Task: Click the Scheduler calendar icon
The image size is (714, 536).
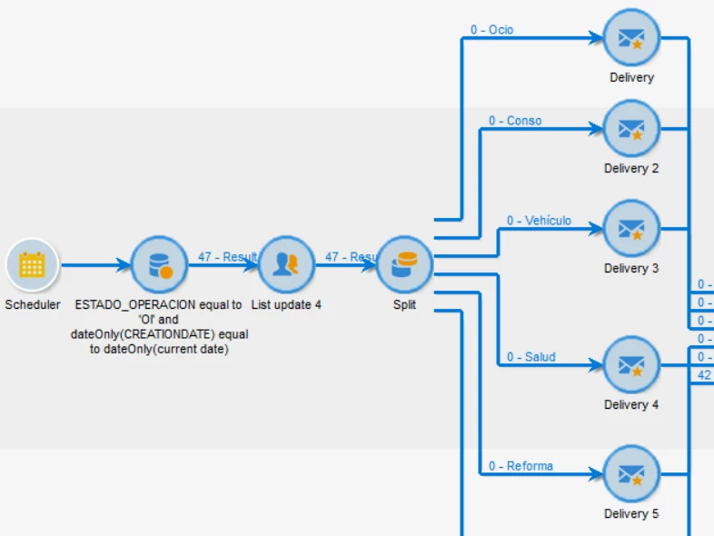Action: click(x=32, y=265)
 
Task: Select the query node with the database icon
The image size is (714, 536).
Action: click(x=159, y=265)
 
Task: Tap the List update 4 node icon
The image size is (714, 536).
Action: click(x=286, y=265)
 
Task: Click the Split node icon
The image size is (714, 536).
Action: click(x=404, y=265)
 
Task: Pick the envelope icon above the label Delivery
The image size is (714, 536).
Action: click(x=631, y=38)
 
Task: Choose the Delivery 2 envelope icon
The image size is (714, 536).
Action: click(x=631, y=129)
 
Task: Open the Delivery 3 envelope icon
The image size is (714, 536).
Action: click(x=631, y=229)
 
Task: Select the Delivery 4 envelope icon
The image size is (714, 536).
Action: click(x=631, y=365)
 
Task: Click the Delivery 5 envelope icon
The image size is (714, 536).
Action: click(x=631, y=474)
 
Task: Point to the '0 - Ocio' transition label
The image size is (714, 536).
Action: click(x=491, y=30)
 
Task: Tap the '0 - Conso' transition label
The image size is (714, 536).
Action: click(x=515, y=121)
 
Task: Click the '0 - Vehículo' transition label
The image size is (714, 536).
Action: click(x=539, y=221)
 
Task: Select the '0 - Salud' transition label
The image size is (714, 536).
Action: click(x=531, y=357)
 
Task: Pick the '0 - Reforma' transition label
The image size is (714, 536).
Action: click(x=521, y=466)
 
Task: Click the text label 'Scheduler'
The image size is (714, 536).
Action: click(x=32, y=305)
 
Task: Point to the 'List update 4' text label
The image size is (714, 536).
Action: click(x=286, y=305)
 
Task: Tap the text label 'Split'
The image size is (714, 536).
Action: click(x=404, y=305)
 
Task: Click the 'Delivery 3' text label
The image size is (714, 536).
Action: click(x=631, y=269)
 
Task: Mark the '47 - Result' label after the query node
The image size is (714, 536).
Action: click(x=228, y=257)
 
